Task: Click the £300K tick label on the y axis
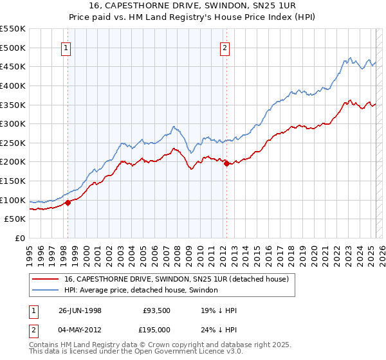coord(13,123)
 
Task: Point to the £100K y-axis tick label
coord(13,200)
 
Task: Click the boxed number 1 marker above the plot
coord(67,47)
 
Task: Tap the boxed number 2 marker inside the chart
coord(225,47)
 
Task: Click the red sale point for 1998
coord(68,203)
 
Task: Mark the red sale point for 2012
coord(226,164)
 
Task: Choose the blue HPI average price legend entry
coord(141,291)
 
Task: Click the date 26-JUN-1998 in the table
coord(80,310)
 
